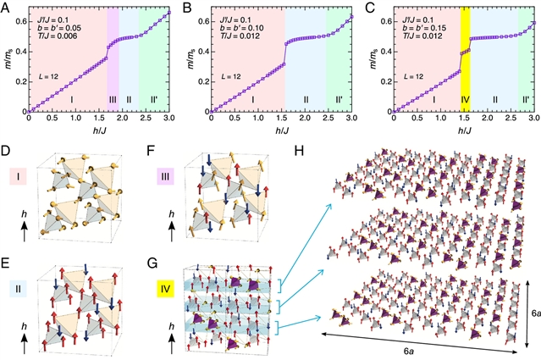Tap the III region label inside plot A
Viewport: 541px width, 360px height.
pyautogui.click(x=113, y=100)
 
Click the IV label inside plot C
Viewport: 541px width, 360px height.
pyautogui.click(x=465, y=100)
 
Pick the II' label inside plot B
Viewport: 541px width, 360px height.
pyautogui.click(x=340, y=100)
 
